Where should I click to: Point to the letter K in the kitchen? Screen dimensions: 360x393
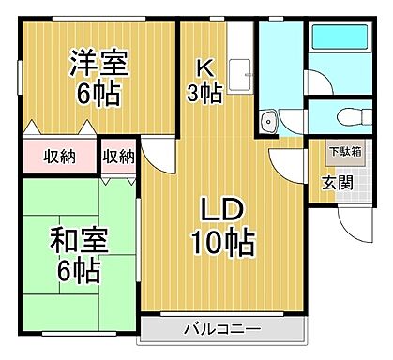(x=204, y=67)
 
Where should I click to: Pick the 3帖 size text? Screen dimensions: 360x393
(x=205, y=93)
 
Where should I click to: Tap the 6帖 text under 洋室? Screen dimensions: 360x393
(x=98, y=95)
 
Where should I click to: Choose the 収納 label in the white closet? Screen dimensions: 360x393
(x=118, y=156)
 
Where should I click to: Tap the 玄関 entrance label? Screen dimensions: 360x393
(x=338, y=182)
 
